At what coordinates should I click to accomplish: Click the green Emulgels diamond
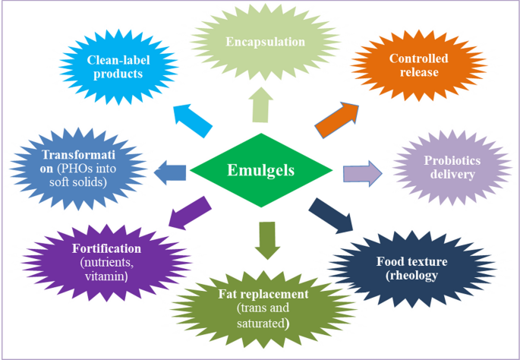tap(260, 171)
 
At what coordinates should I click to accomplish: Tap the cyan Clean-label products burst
tap(114, 67)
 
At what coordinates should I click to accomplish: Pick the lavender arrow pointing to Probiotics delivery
tap(363, 172)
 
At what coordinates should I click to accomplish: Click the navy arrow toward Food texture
tap(332, 215)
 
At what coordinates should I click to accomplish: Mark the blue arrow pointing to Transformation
tap(170, 172)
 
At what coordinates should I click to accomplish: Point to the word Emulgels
tap(260, 170)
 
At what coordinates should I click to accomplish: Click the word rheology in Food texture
tap(413, 276)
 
